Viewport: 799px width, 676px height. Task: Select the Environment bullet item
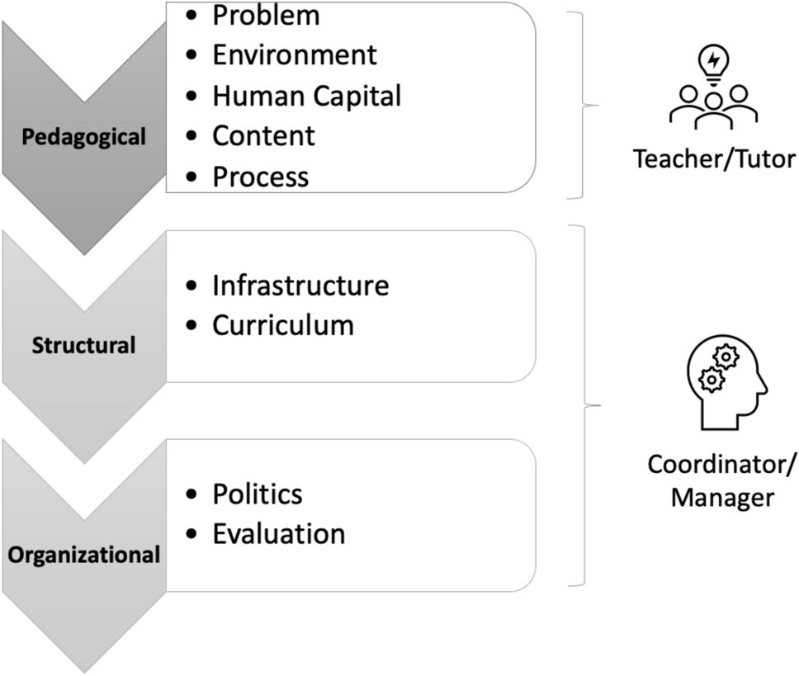(295, 54)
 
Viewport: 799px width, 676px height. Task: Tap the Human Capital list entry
(307, 96)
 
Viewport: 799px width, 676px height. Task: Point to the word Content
(263, 135)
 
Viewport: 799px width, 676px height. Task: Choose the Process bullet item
(260, 176)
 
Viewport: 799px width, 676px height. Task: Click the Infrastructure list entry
(300, 286)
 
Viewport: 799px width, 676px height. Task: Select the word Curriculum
(283, 325)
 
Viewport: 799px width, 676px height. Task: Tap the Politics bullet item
(258, 494)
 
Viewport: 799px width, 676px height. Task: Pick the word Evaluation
(278, 533)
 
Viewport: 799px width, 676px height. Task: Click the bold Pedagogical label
(84, 136)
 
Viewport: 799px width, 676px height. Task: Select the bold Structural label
(83, 344)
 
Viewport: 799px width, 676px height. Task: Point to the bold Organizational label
(83, 555)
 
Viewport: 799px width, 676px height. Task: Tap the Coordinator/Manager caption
(722, 481)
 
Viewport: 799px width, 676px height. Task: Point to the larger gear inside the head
(726, 357)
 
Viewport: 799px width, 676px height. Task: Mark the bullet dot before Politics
(192, 494)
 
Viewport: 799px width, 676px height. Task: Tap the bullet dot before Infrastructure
(192, 286)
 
